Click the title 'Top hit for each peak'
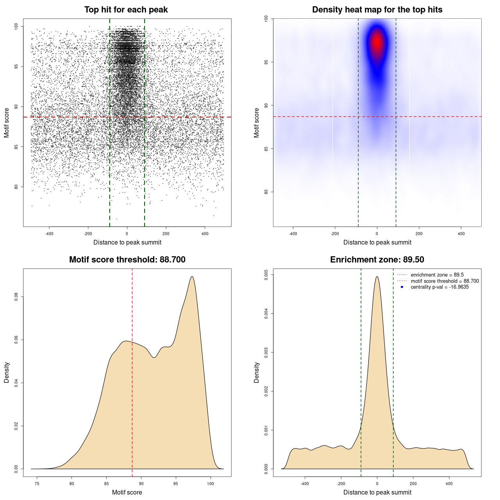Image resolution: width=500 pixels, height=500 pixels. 126,10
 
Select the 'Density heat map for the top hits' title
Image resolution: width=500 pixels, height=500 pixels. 377,10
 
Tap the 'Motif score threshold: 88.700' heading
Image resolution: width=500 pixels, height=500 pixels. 127,260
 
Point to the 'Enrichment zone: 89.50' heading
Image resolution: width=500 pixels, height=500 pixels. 377,260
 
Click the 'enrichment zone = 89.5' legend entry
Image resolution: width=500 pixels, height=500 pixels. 437,275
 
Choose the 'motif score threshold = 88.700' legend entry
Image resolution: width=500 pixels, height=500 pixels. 445,281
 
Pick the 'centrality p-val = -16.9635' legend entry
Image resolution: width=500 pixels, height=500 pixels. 439,287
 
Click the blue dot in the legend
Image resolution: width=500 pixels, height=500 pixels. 402,287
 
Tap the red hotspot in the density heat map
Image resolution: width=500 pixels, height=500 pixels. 377,42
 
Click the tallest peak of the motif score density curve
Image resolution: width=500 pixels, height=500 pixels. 192,277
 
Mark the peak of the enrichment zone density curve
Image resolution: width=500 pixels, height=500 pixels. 377,277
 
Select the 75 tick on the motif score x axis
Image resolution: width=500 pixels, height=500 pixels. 37,484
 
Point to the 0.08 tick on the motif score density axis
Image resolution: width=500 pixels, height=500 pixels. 16,297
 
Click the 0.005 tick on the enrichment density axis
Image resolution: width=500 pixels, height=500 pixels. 266,275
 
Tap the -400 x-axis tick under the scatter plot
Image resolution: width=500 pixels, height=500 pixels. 49,234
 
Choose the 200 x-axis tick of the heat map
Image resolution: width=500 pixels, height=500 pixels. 419,234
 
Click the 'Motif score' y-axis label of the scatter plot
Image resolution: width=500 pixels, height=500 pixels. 7,123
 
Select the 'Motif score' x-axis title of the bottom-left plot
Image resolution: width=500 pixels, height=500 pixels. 127,492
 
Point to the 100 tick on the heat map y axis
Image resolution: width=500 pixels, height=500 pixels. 266,18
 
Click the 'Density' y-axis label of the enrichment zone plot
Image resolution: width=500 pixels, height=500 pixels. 257,372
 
